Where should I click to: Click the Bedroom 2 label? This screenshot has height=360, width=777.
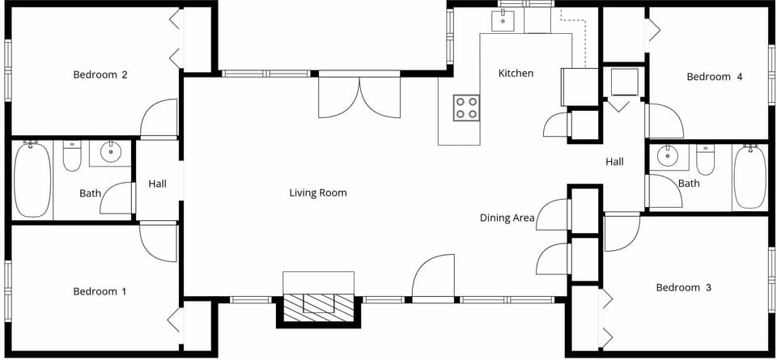point(100,75)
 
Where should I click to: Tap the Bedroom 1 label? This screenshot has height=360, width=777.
point(100,291)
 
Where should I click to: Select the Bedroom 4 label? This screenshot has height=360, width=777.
point(714,77)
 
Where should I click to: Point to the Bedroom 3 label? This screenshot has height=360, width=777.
point(689,287)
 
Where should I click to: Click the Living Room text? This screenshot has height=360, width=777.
point(318,193)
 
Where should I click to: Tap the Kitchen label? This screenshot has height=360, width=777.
point(516,74)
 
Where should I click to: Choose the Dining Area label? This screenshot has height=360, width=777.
point(506,218)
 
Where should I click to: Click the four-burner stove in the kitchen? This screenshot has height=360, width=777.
point(466,108)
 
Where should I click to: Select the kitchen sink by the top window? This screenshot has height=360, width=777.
point(503,21)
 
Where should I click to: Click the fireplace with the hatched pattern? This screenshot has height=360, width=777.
point(318,304)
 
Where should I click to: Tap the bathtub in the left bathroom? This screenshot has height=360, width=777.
point(32,180)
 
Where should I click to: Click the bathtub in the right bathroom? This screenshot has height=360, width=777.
point(749,177)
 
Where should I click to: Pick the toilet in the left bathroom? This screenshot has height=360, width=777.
point(72,157)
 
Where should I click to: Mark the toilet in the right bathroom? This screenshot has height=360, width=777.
point(706,160)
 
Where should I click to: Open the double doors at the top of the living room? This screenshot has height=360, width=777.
point(359,95)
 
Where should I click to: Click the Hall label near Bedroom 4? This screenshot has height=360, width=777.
point(614,162)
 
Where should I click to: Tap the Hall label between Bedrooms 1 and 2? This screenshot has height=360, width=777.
point(157,184)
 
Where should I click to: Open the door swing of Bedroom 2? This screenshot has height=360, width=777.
point(159,119)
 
